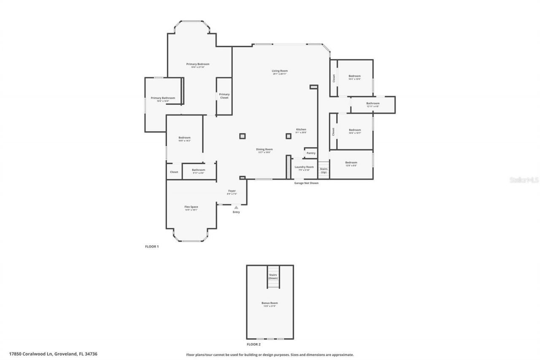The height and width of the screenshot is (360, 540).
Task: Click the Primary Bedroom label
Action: pyautogui.click(x=198, y=64)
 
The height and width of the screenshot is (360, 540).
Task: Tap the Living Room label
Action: pyautogui.click(x=279, y=71)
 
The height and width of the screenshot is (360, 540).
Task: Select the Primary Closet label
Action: pyautogui.click(x=224, y=96)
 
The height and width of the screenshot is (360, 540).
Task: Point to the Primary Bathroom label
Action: pyautogui.click(x=163, y=98)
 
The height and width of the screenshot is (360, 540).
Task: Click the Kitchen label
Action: pyautogui.click(x=301, y=130)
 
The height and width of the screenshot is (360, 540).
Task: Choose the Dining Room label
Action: pyautogui.click(x=265, y=149)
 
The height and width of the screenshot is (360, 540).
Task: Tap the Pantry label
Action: pyautogui.click(x=311, y=153)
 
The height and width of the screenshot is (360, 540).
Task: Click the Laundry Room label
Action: pyautogui.click(x=304, y=167)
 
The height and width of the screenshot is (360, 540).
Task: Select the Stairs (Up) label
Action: pyautogui.click(x=324, y=171)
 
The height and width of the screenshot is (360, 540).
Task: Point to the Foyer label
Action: pyautogui.click(x=232, y=191)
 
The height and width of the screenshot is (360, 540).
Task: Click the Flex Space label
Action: pyautogui.click(x=191, y=207)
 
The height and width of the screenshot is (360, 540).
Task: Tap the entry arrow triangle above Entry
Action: pyautogui.click(x=236, y=207)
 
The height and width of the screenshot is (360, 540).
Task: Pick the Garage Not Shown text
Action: pyautogui.click(x=306, y=183)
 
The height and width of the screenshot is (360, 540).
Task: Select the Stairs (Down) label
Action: pyautogui.click(x=273, y=276)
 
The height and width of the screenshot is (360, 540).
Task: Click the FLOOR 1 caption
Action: pyautogui.click(x=152, y=246)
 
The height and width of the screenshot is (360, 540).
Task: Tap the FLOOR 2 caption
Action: pyautogui.click(x=254, y=344)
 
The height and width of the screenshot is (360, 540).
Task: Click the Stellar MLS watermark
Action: pyautogui.click(x=524, y=180)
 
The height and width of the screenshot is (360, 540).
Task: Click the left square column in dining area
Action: pyautogui.click(x=242, y=136)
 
